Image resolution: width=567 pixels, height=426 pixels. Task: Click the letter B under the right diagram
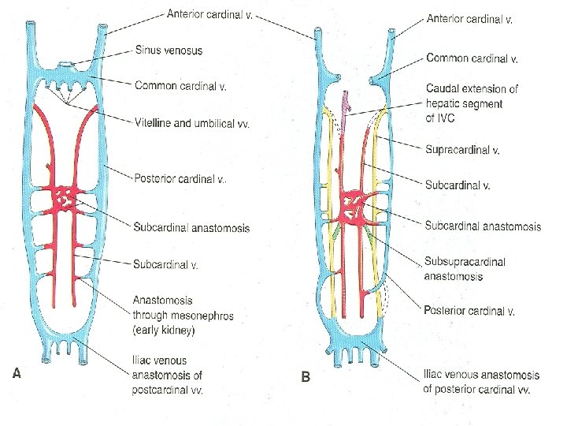(306, 377)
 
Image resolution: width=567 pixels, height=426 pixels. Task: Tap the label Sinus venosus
(168, 50)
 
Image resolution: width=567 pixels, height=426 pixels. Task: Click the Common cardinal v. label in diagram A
(180, 85)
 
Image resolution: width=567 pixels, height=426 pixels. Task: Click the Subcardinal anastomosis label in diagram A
(191, 228)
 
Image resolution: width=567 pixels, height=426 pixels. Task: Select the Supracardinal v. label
(464, 149)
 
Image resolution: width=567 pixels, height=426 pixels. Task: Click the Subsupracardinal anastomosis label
(465, 269)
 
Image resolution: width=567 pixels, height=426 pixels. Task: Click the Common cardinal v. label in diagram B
(472, 58)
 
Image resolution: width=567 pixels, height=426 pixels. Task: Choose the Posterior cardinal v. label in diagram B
(469, 311)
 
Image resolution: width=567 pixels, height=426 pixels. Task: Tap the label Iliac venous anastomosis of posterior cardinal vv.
(481, 382)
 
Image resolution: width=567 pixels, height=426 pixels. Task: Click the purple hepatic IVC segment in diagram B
(344, 107)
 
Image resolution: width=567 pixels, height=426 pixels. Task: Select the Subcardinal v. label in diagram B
(458, 186)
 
